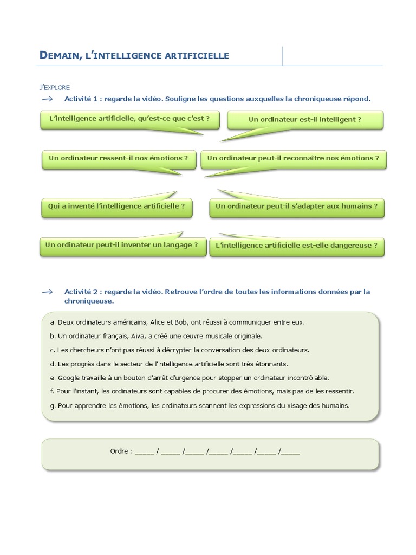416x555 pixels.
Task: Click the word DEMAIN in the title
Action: point(60,55)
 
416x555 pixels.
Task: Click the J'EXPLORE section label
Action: point(55,87)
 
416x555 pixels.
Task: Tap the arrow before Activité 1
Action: point(47,99)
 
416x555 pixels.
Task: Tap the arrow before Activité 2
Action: point(47,292)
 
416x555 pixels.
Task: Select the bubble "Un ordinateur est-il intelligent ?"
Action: point(305,119)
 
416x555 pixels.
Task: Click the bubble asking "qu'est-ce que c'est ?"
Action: point(129,119)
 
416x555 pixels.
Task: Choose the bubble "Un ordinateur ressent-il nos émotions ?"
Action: point(119,158)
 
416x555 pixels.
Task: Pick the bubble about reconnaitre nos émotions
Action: point(293,158)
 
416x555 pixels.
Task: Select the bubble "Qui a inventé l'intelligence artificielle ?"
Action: point(116,206)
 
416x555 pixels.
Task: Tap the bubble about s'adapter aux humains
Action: point(296,206)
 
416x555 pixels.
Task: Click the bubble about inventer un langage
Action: point(122,245)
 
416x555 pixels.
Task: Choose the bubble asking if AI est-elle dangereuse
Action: point(296,246)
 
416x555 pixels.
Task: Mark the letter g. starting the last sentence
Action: point(53,405)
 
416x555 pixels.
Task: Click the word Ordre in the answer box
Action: point(119,451)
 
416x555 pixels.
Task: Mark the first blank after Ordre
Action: point(145,452)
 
